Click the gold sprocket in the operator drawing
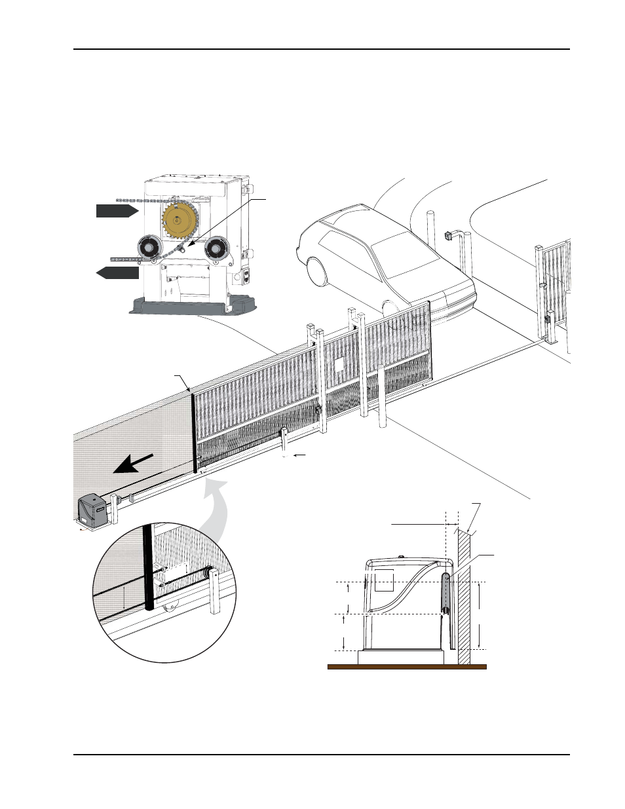(x=179, y=220)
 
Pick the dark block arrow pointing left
(x=118, y=272)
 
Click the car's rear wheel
(x=314, y=271)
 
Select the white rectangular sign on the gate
(x=339, y=365)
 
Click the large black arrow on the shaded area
(x=134, y=462)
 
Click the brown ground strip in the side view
(x=406, y=667)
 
